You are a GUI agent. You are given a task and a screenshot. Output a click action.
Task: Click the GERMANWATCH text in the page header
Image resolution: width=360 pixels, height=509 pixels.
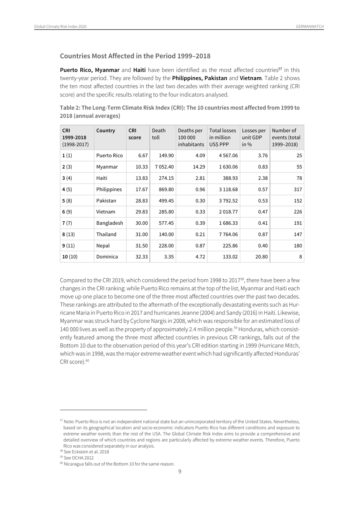(x=310, y=27)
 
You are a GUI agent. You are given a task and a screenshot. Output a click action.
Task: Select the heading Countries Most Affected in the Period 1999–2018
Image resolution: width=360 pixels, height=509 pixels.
(x=135, y=56)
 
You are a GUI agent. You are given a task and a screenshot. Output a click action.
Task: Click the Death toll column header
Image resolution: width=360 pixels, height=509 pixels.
(x=158, y=134)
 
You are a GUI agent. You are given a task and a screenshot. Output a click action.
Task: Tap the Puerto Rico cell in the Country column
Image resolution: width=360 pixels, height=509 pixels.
(x=109, y=155)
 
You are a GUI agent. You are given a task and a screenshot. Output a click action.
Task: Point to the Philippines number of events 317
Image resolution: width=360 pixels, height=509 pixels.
(x=297, y=190)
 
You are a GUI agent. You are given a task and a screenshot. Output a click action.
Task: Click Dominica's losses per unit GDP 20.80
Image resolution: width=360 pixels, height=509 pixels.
(x=261, y=257)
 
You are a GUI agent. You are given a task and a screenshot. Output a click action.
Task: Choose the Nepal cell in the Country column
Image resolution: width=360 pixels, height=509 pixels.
(x=103, y=246)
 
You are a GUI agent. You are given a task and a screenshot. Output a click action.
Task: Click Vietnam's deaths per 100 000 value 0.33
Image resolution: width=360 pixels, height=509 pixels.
(x=200, y=212)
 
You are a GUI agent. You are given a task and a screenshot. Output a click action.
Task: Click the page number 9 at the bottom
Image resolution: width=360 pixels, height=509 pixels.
(x=180, y=471)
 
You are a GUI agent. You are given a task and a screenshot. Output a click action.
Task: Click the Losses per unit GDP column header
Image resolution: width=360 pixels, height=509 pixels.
(x=254, y=137)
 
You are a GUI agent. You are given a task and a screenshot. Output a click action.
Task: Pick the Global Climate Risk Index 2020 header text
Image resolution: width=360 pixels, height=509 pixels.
(x=60, y=27)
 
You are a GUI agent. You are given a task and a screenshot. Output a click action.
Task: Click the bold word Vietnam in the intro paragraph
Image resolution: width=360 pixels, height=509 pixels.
(x=250, y=78)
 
